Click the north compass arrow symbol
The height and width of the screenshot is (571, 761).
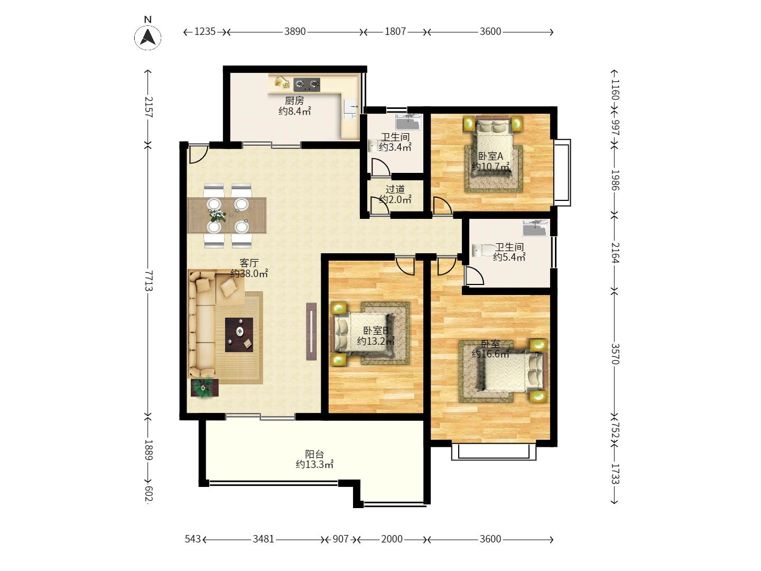click(x=147, y=37)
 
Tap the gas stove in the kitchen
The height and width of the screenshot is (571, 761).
click(x=307, y=85)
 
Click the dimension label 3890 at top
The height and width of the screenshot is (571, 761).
click(x=295, y=32)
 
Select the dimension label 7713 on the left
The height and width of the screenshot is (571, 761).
click(x=149, y=280)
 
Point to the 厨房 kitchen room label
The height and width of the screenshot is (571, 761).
click(x=294, y=100)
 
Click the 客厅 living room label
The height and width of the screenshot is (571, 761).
click(x=249, y=263)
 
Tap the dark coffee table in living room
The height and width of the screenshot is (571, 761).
click(x=239, y=335)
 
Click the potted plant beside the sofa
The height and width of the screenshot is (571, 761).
click(x=204, y=388)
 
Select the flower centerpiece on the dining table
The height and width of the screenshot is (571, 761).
click(x=217, y=215)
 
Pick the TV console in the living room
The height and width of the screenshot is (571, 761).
click(x=311, y=331)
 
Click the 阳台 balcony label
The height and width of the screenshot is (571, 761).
click(x=314, y=454)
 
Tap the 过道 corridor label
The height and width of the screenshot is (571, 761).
click(x=395, y=189)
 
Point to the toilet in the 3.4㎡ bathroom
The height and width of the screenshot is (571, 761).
click(x=373, y=145)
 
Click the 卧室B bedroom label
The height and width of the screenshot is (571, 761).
click(x=376, y=330)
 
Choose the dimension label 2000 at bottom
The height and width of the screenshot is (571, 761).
click(x=392, y=539)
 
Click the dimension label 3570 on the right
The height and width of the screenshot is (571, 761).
click(x=615, y=354)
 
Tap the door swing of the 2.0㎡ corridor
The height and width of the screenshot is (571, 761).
click(x=379, y=205)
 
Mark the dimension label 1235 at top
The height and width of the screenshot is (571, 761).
click(x=205, y=32)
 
